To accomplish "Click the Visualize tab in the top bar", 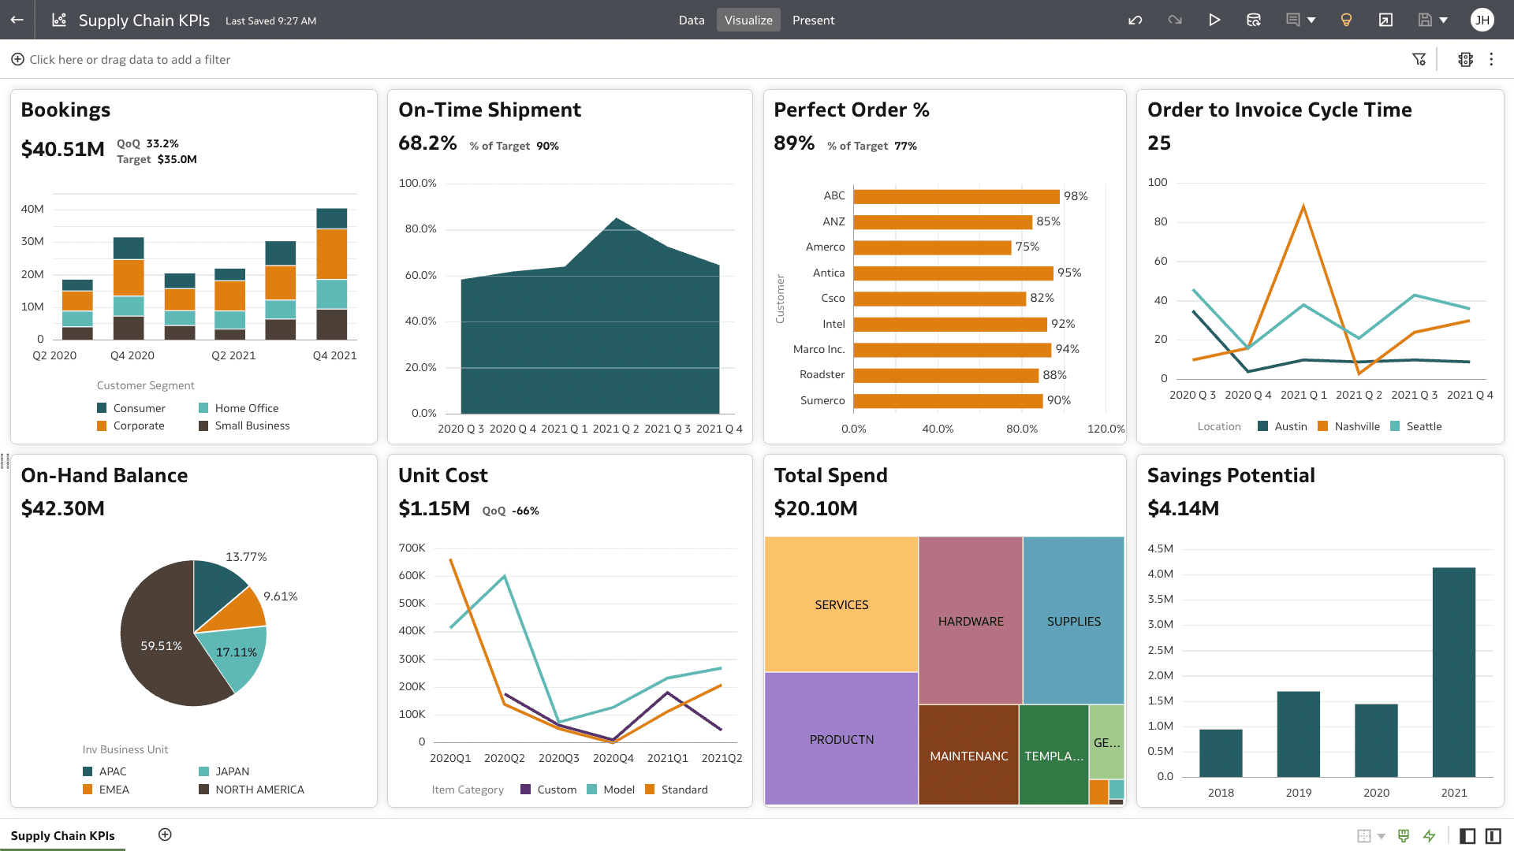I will pyautogui.click(x=748, y=20).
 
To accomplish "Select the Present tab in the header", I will pyautogui.click(x=813, y=20).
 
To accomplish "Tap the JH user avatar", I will pyautogui.click(x=1482, y=20).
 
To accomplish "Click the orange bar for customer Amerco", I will pyautogui.click(x=931, y=247).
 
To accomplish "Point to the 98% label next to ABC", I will pyautogui.click(x=1075, y=196).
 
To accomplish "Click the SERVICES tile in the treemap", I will pyautogui.click(x=841, y=604).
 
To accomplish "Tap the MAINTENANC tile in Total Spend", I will pyautogui.click(x=968, y=756).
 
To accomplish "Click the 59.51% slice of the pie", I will pyautogui.click(x=162, y=645).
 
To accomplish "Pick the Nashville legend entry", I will pyautogui.click(x=1356, y=426).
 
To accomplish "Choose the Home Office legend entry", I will pyautogui.click(x=246, y=408).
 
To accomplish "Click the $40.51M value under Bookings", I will pyautogui.click(x=62, y=149).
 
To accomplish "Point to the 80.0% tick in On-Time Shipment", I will pyautogui.click(x=420, y=229).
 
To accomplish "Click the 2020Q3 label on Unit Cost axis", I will pyautogui.click(x=558, y=758).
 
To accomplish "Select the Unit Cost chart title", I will pyautogui.click(x=442, y=475).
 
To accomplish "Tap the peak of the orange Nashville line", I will pyautogui.click(x=1303, y=206).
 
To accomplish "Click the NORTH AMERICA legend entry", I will pyautogui.click(x=259, y=790).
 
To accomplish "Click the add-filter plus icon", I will pyautogui.click(x=17, y=59).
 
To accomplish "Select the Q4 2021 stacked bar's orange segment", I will pyautogui.click(x=331, y=254).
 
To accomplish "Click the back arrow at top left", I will pyautogui.click(x=17, y=20).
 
